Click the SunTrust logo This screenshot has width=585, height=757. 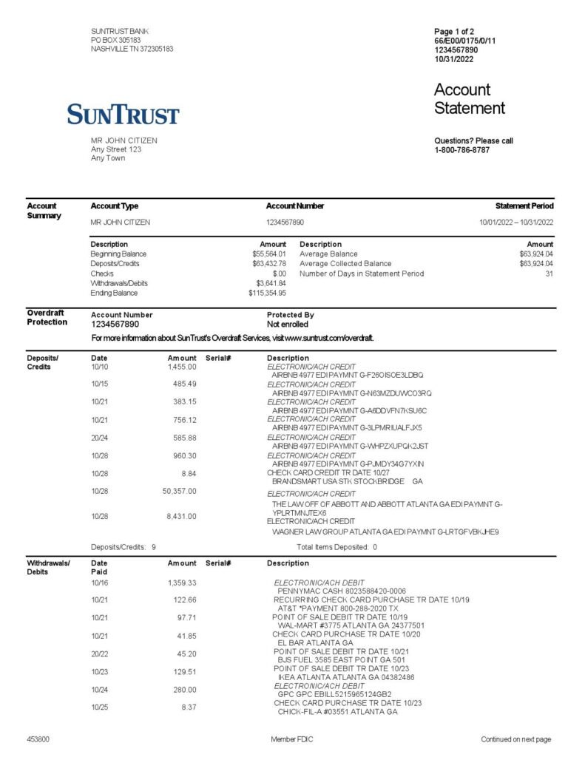tap(123, 115)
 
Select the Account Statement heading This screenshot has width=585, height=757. tap(469, 99)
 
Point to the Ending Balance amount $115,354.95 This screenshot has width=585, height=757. tap(267, 293)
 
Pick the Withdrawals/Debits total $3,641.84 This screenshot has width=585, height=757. tap(271, 283)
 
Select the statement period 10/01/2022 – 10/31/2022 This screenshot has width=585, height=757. tap(516, 222)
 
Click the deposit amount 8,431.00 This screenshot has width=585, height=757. tap(183, 516)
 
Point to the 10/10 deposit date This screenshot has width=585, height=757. tap(99, 367)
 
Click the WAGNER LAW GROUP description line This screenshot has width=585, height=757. tap(385, 532)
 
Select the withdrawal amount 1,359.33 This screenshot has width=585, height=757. tap(182, 583)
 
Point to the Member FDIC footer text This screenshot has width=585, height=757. tap(293, 739)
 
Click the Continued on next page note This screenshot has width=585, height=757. tap(515, 739)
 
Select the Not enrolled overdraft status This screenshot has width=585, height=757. tap(288, 324)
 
